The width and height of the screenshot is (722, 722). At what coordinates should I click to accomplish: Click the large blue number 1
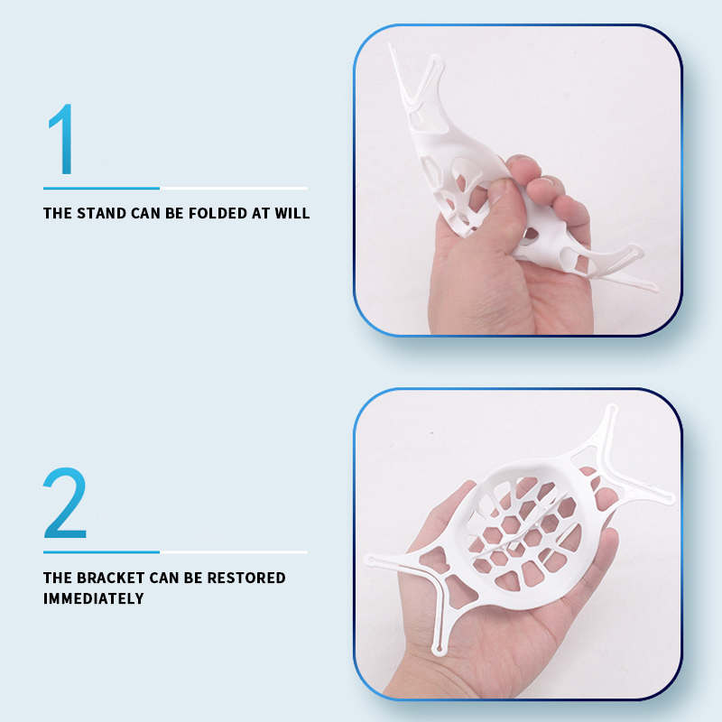pyautogui.click(x=62, y=139)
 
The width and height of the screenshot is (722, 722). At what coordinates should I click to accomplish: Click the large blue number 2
pyautogui.click(x=65, y=503)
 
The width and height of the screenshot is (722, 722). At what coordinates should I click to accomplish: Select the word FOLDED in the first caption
pyautogui.click(x=218, y=213)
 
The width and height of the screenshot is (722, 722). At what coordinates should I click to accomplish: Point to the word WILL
pyautogui.click(x=292, y=213)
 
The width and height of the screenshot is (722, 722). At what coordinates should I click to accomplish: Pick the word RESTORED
pyautogui.click(x=246, y=578)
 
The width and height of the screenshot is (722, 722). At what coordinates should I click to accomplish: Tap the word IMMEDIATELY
pyautogui.click(x=94, y=598)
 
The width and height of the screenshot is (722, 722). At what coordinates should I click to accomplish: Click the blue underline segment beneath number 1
pyautogui.click(x=101, y=189)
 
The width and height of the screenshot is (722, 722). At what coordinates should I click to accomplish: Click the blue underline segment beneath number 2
pyautogui.click(x=101, y=552)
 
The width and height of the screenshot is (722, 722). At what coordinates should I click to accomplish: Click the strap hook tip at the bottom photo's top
pyautogui.click(x=612, y=409)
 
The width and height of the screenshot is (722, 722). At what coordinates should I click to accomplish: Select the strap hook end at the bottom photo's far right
pyautogui.click(x=670, y=498)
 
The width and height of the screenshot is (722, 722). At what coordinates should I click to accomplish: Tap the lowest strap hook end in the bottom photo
pyautogui.click(x=438, y=650)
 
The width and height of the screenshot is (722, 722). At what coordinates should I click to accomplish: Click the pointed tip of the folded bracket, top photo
pyautogui.click(x=391, y=45)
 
